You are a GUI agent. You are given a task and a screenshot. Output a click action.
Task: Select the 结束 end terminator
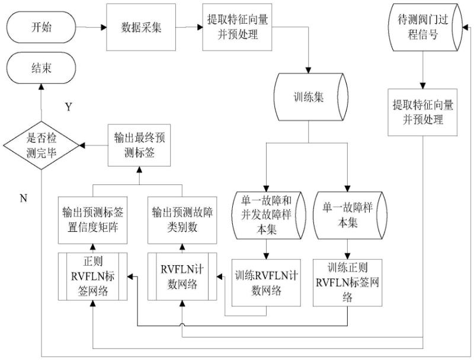pyautogui.click(x=41, y=68)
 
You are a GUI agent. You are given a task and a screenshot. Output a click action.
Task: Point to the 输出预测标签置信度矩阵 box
pyautogui.click(x=92, y=219)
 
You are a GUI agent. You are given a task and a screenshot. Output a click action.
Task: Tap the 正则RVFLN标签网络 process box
pyautogui.click(x=92, y=275)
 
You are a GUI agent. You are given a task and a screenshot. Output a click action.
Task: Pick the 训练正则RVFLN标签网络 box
pyautogui.click(x=347, y=282)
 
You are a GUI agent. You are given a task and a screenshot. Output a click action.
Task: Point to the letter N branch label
pyautogui.click(x=23, y=198)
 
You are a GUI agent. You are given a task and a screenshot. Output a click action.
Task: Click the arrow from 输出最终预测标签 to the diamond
pyautogui.click(x=93, y=145)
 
